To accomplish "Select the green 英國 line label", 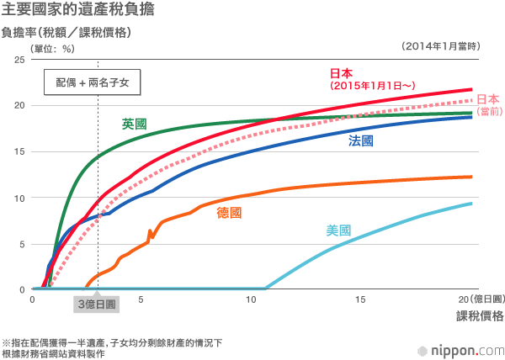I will [x=134, y=124].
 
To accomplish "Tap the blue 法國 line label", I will [x=361, y=141].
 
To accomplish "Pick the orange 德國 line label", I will [x=229, y=212].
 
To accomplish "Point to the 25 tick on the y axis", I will [x=19, y=60].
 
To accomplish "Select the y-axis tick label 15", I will [x=19, y=151].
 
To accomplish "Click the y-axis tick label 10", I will [x=19, y=198].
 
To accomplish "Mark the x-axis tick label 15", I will [x=360, y=299].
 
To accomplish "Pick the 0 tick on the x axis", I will [x=32, y=299].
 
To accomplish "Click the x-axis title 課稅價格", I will [x=480, y=316].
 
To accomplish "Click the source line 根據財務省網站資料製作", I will [x=54, y=354].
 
